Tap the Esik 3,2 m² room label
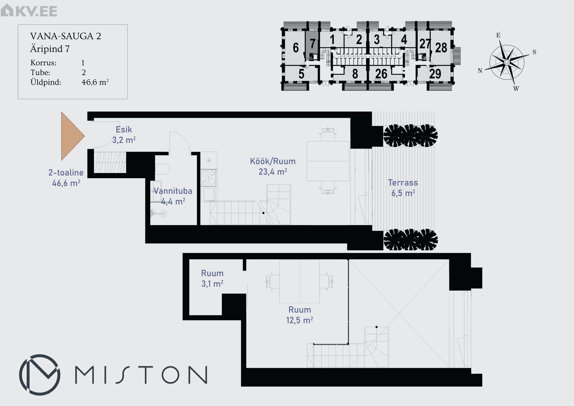(124, 135)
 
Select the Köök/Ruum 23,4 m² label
(273, 166)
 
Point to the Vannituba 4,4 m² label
(173, 196)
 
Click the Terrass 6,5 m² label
(403, 188)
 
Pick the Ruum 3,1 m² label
(212, 279)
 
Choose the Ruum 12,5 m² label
(300, 315)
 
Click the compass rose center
(507, 62)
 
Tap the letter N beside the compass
(480, 71)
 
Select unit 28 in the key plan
(441, 48)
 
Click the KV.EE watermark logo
(29, 10)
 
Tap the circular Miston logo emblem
(39, 375)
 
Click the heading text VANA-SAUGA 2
(65, 36)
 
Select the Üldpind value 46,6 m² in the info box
(95, 82)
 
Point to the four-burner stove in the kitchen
(209, 177)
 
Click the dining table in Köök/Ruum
(328, 161)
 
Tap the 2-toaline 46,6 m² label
(66, 178)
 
